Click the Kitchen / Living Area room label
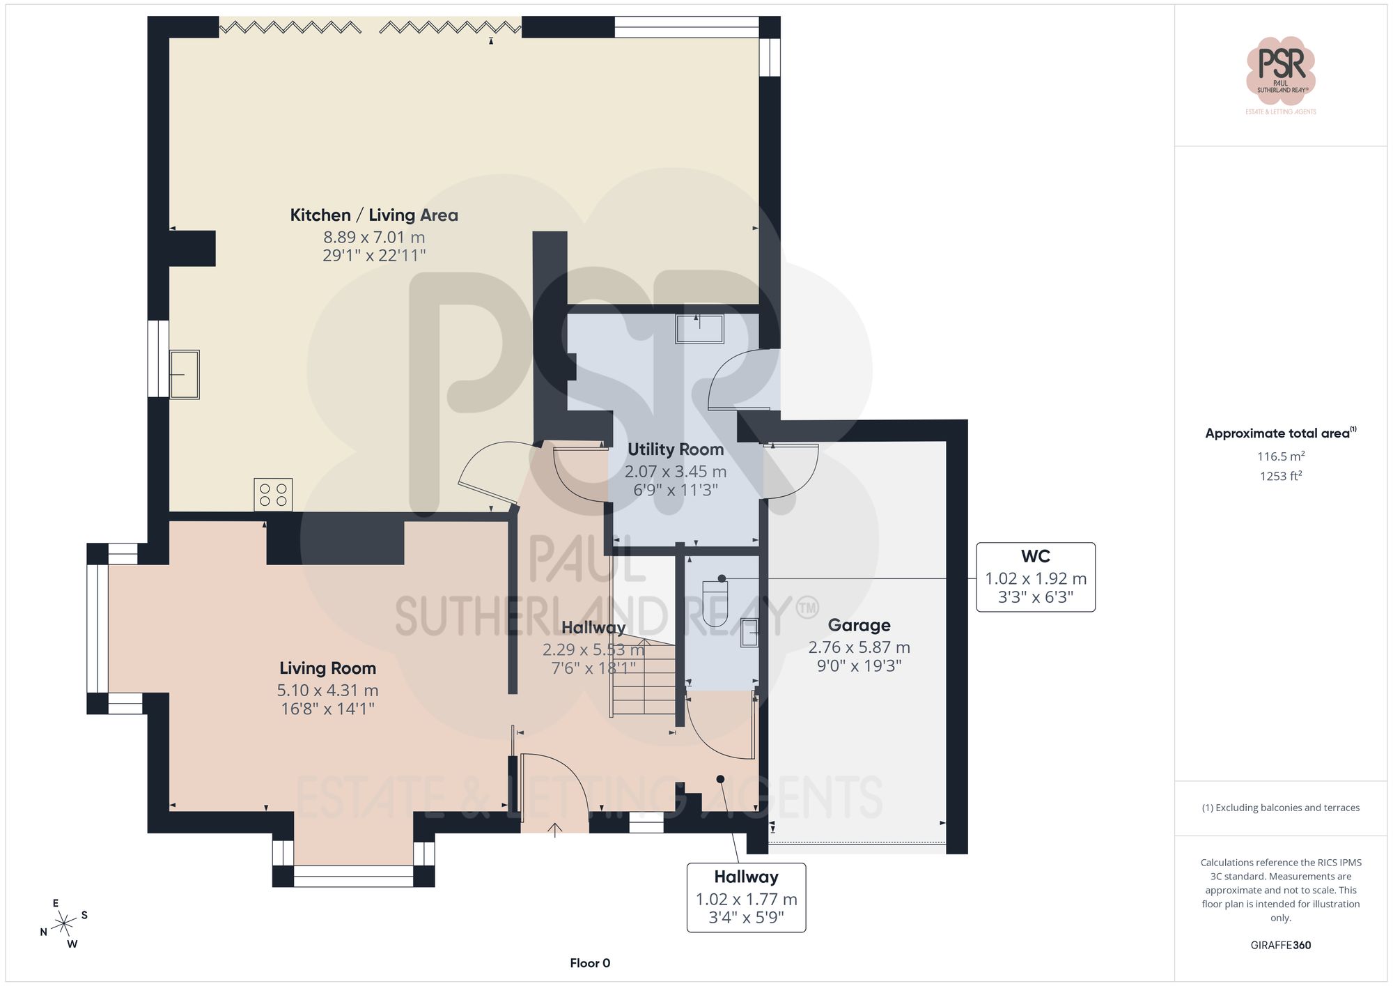[x=374, y=215]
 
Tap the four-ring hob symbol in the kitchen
[x=273, y=495]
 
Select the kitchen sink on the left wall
[x=185, y=374]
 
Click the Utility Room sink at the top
[x=699, y=328]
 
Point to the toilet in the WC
[x=715, y=603]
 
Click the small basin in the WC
[x=749, y=633]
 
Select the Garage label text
[x=859, y=626]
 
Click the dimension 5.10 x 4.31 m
[x=327, y=691]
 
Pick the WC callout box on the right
[x=1035, y=577]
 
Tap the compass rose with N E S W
[x=64, y=924]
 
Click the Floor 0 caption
[x=590, y=963]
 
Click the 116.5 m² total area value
[x=1280, y=456]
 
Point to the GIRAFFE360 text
[x=1280, y=946]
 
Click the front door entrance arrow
[x=555, y=829]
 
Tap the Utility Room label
[x=676, y=449]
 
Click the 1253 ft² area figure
[x=1280, y=476]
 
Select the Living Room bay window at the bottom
[x=353, y=875]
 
